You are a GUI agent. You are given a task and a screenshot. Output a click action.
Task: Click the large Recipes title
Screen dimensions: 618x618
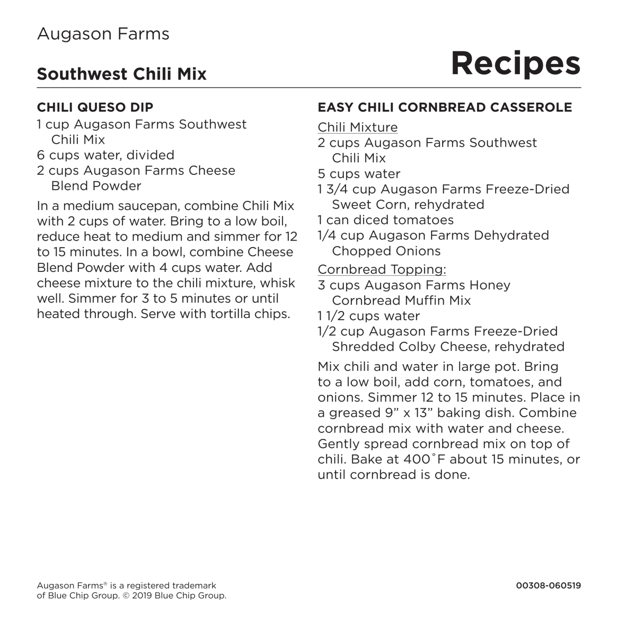click(x=515, y=63)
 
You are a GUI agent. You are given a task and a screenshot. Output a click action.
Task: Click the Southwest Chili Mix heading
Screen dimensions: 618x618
click(x=122, y=74)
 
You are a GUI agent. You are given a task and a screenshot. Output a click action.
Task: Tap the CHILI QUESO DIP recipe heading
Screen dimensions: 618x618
click(x=95, y=107)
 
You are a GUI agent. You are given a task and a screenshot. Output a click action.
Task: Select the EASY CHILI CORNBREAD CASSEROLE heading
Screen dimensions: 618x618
click(x=445, y=107)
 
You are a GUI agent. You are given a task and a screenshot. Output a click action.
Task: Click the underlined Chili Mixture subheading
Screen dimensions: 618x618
click(x=357, y=127)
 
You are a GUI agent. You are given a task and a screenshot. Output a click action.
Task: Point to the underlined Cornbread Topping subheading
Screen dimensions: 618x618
click(x=382, y=269)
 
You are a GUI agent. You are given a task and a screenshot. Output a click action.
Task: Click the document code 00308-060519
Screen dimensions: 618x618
click(x=548, y=585)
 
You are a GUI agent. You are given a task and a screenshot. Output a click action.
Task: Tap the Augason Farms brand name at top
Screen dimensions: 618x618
click(x=103, y=34)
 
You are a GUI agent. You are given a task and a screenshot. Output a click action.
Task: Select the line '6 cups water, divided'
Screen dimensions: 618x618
click(x=105, y=155)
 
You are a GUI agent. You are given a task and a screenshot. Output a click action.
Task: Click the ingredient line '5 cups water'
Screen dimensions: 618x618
click(x=359, y=174)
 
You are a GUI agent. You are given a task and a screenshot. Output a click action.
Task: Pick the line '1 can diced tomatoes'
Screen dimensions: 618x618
click(x=385, y=220)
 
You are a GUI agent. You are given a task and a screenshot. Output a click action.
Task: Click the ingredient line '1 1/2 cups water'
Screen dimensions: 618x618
click(x=368, y=316)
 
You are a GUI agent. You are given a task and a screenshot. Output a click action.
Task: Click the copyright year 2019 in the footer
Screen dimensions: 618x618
click(x=142, y=596)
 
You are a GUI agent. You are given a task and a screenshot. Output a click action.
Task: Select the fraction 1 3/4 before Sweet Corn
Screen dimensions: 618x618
click(x=333, y=189)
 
